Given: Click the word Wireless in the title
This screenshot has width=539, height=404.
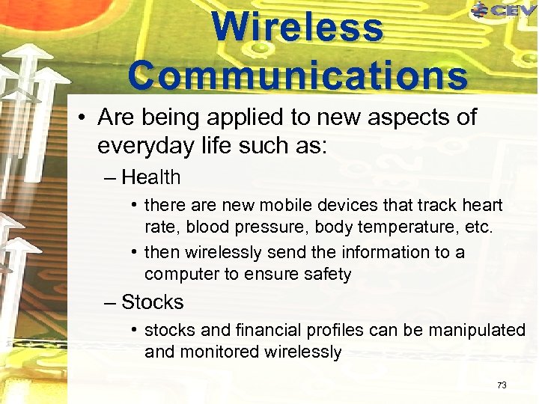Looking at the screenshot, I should tap(297, 28).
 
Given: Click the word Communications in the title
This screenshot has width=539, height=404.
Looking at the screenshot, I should tap(297, 75).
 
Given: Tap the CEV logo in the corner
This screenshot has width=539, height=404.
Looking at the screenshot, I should tap(503, 10).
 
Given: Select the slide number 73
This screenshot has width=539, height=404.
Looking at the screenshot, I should tap(502, 385).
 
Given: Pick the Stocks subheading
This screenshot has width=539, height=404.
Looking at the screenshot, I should tap(153, 302).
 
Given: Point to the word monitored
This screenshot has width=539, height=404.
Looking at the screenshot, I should tap(218, 352).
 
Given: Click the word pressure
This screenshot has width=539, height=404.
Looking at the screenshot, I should tap(248, 227).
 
